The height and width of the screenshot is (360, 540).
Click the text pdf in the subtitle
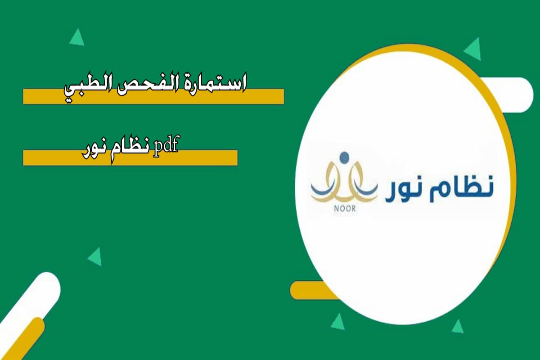(166, 147)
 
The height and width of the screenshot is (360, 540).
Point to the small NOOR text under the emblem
(344, 208)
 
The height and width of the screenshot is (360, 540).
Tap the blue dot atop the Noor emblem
(344, 157)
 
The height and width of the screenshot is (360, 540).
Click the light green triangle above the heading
(77, 38)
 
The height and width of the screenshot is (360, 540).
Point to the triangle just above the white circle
(473, 49)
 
